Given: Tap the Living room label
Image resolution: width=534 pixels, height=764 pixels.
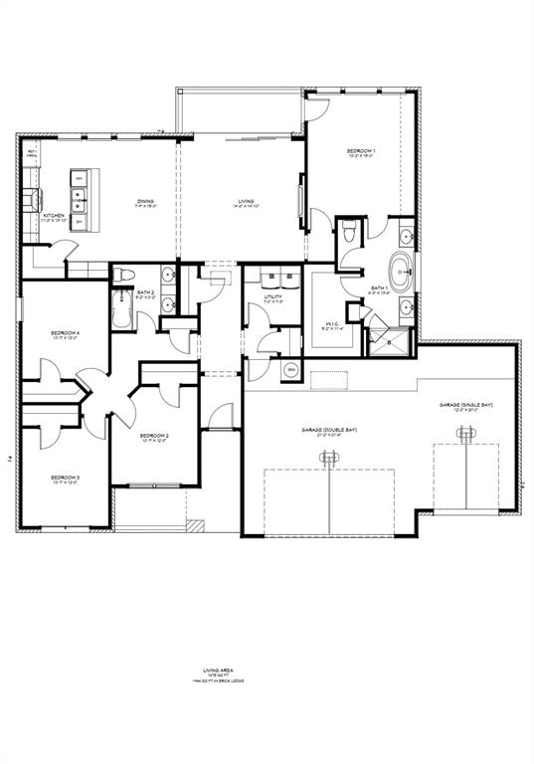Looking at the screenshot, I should coord(246,201).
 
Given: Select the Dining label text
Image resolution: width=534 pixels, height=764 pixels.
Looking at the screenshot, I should coord(146,201).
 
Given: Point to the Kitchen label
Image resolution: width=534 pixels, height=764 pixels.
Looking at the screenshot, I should coord(54,215).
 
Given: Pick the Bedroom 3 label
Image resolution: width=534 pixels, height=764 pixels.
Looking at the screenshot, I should coord(66,477).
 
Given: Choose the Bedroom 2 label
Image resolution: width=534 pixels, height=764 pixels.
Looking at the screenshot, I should coord(154,436).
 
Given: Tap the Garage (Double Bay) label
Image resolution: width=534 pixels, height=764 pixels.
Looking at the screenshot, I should coord(329,430).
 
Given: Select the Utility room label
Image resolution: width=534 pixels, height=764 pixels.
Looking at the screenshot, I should coord(273,296).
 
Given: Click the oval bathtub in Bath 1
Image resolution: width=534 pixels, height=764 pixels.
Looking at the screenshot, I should coord(402,271).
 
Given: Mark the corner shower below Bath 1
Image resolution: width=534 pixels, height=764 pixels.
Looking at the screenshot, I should coord(391,342).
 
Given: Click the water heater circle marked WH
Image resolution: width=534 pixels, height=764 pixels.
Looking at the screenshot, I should coord(291,370).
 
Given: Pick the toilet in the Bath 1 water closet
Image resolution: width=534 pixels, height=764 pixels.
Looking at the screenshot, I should coord(348,233).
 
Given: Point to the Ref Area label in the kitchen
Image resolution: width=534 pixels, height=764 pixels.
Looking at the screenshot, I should coord(32,155).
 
